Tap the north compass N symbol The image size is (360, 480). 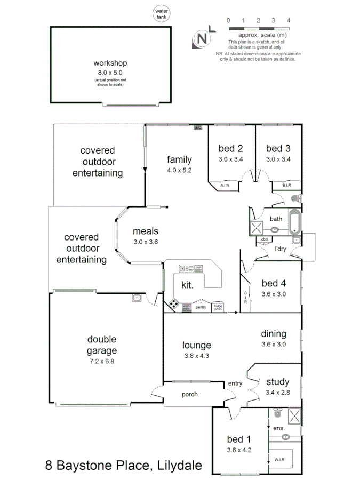(x=202, y=38)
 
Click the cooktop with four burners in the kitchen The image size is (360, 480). (x=174, y=305)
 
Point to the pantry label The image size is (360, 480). (x=201, y=307)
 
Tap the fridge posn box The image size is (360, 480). (x=218, y=307)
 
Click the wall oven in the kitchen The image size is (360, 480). (x=186, y=307)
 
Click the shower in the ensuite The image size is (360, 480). (x=293, y=416)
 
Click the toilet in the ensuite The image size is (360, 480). (x=277, y=413)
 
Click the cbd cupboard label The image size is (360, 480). (x=263, y=239)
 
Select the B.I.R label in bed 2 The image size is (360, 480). (x=225, y=186)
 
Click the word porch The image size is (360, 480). (x=189, y=395)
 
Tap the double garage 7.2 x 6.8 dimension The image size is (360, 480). (x=102, y=361)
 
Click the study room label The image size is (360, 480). (x=277, y=382)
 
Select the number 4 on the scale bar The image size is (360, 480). (x=289, y=20)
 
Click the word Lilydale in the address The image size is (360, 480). (x=179, y=466)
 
